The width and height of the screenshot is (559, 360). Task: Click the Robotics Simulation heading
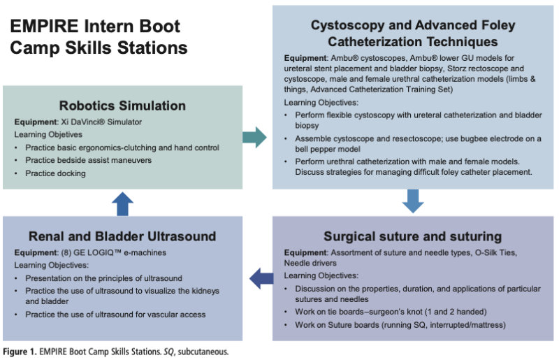[x=122, y=106]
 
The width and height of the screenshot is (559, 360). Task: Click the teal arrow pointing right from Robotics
[x=256, y=136]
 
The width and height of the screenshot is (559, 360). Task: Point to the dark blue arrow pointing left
[x=261, y=278]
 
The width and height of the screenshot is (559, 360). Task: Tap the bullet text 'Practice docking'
[x=55, y=173]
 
